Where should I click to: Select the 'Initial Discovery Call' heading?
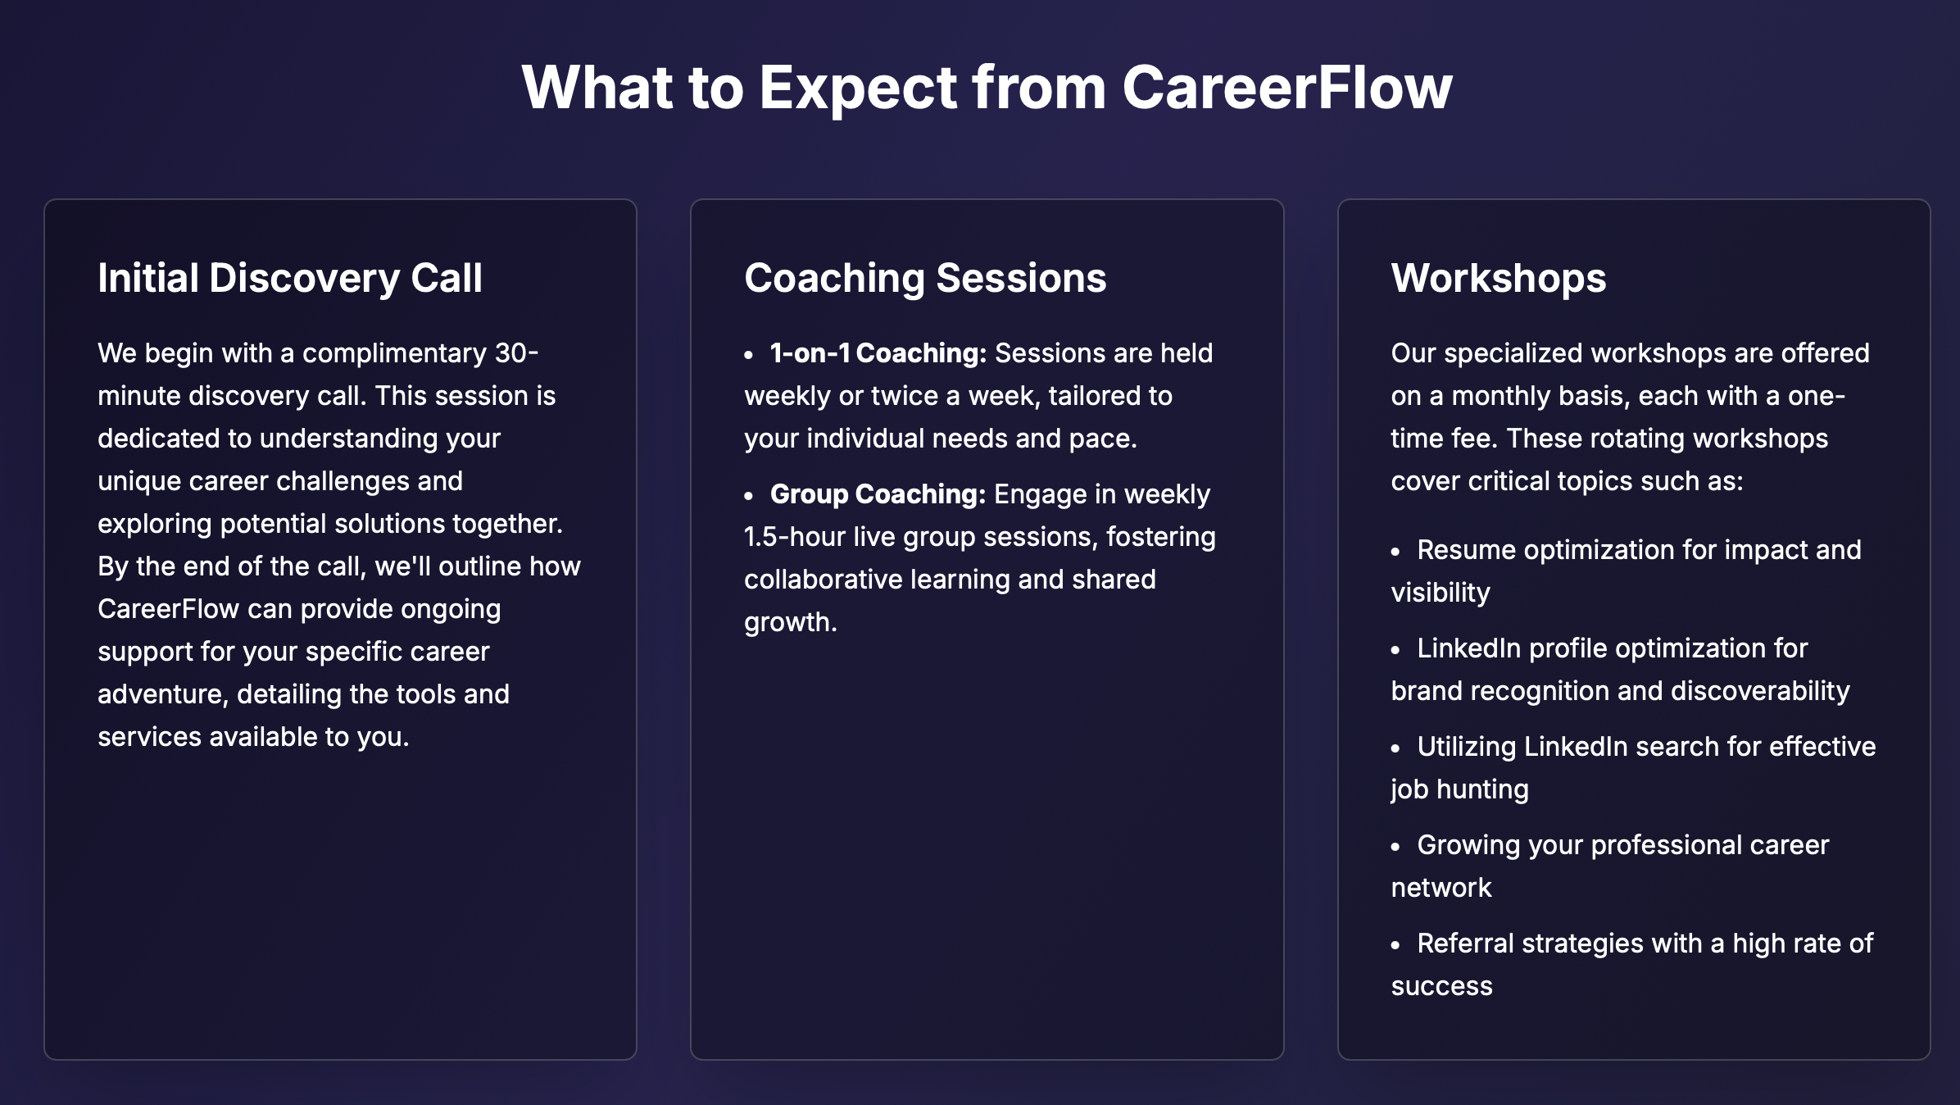tap(290, 278)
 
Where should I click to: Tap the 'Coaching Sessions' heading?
tap(925, 278)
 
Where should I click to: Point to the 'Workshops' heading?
tap(1498, 278)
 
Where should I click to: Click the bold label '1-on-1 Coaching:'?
tap(878, 353)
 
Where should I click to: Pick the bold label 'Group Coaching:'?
tap(878, 494)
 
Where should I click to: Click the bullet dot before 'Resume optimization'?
tap(1396, 552)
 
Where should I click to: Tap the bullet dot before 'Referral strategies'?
tap(1396, 946)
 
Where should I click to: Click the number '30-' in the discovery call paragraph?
tap(516, 353)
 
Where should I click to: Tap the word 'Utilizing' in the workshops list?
tap(1467, 747)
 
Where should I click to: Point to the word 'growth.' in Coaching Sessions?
tap(790, 622)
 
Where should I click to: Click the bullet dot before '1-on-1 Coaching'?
tap(749, 356)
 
